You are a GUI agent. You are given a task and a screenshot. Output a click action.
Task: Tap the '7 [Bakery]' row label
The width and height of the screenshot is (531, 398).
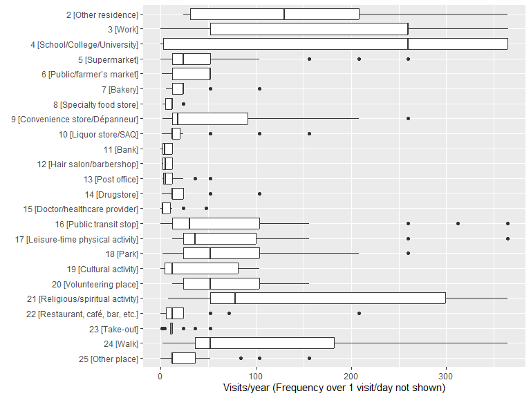tap(116, 89)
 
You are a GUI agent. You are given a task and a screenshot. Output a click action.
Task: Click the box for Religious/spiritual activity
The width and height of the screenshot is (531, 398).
tap(328, 298)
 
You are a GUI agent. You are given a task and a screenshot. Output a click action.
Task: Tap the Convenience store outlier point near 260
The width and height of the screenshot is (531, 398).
tap(408, 119)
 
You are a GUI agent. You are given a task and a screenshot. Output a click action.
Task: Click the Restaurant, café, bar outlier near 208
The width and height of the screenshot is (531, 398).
tap(359, 314)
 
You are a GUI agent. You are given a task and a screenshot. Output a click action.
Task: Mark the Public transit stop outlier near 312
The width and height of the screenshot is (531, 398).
tap(458, 224)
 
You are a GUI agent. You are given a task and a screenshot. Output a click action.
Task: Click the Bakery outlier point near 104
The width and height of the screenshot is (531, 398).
tap(259, 89)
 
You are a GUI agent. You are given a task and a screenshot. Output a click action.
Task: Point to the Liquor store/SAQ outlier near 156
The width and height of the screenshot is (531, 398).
tap(309, 133)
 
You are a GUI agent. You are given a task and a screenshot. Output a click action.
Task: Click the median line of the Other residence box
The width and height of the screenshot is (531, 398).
tap(284, 14)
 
